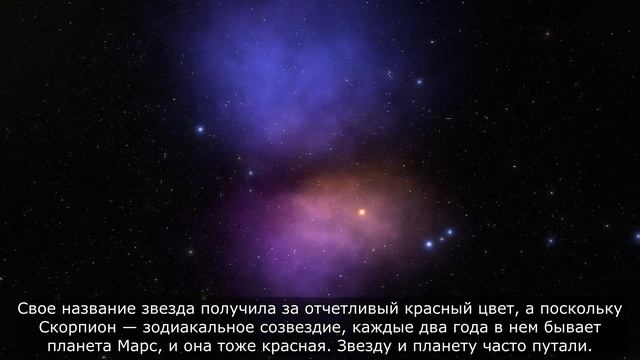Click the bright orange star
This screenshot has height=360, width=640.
pyautogui.click(x=362, y=212)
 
